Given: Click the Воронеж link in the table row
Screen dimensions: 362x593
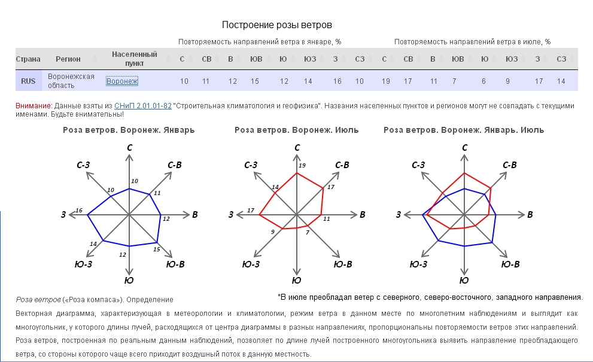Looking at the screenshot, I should [122, 81].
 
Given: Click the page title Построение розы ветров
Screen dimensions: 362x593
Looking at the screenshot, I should [276, 25].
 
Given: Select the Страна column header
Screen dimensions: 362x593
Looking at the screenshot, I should [28, 59].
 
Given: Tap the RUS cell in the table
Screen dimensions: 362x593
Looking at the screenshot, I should [28, 81].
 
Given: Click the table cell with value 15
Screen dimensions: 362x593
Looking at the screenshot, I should [255, 81].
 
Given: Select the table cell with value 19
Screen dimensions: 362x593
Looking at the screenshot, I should [386, 81].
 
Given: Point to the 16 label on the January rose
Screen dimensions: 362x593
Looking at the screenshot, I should [79, 210].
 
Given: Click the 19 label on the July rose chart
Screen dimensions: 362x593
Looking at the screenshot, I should [302, 165].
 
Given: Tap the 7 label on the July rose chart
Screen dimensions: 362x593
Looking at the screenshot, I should [308, 232].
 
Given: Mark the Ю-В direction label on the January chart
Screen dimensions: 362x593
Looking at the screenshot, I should [175, 264].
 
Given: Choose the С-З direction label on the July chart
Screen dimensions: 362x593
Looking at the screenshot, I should [251, 165].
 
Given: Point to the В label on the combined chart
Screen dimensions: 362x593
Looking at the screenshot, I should [530, 214].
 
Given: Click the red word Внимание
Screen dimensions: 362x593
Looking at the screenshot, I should [33, 106].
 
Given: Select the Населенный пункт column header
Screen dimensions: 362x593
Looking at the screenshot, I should [134, 59].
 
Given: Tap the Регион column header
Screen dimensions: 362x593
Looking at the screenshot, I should [68, 59].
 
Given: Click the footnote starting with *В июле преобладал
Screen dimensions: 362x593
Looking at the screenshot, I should [430, 297].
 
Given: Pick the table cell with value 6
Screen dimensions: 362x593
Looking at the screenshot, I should [485, 81].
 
